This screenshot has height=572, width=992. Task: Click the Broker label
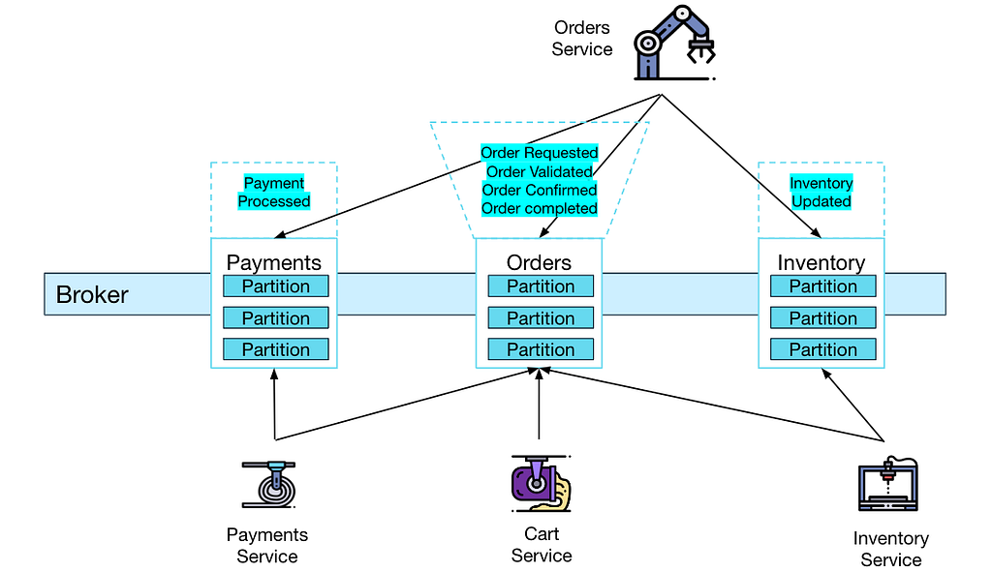(92, 294)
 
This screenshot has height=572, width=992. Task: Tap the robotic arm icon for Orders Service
(674, 43)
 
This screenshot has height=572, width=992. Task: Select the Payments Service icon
(269, 484)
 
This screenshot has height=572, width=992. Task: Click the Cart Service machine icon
(541, 484)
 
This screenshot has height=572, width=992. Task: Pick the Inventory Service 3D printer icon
(888, 484)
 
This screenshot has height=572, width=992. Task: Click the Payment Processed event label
(274, 193)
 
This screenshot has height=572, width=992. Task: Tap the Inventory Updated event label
(821, 193)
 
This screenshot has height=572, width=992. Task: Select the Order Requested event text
(539, 152)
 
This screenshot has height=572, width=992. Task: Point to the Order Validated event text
(539, 171)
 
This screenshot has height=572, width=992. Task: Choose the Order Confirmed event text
(539, 190)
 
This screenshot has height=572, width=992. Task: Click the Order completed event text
(539, 208)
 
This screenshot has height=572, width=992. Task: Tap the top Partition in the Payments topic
(276, 286)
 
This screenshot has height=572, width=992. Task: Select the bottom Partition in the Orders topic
(541, 349)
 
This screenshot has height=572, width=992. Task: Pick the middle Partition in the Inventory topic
(823, 317)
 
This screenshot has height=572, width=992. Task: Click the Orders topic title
(539, 262)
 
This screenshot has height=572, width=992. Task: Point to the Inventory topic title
(821, 262)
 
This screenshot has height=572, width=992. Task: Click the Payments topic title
(274, 262)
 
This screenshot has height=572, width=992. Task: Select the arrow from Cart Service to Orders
(539, 404)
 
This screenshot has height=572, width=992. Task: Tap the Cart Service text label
(542, 544)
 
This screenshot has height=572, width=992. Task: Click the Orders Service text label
(582, 38)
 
